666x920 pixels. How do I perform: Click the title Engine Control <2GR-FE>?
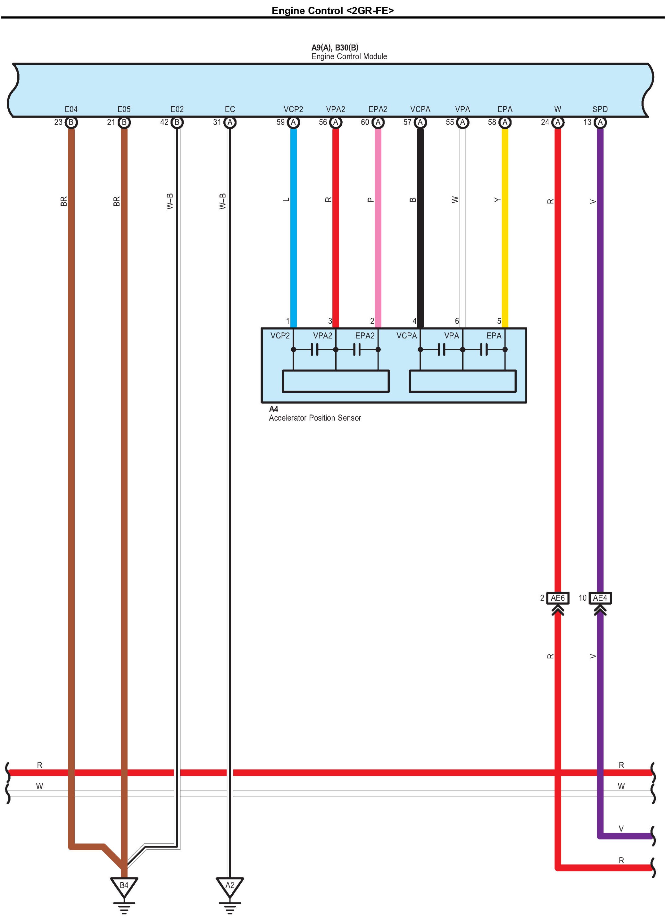[333, 11]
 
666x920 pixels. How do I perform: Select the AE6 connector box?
[558, 598]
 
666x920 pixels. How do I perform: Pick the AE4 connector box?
[600, 598]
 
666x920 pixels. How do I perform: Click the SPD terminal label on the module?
[600, 109]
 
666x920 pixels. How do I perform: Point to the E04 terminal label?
[71, 109]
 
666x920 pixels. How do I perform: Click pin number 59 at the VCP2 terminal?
[280, 122]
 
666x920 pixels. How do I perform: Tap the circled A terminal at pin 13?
[600, 122]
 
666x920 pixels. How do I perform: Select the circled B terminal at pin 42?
[177, 122]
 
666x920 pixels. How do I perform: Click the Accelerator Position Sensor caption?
[315, 418]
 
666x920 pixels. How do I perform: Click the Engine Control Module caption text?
[349, 56]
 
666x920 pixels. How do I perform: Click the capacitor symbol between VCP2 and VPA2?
[315, 349]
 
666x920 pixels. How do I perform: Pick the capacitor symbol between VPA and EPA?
[484, 349]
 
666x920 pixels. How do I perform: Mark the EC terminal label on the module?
[230, 109]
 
